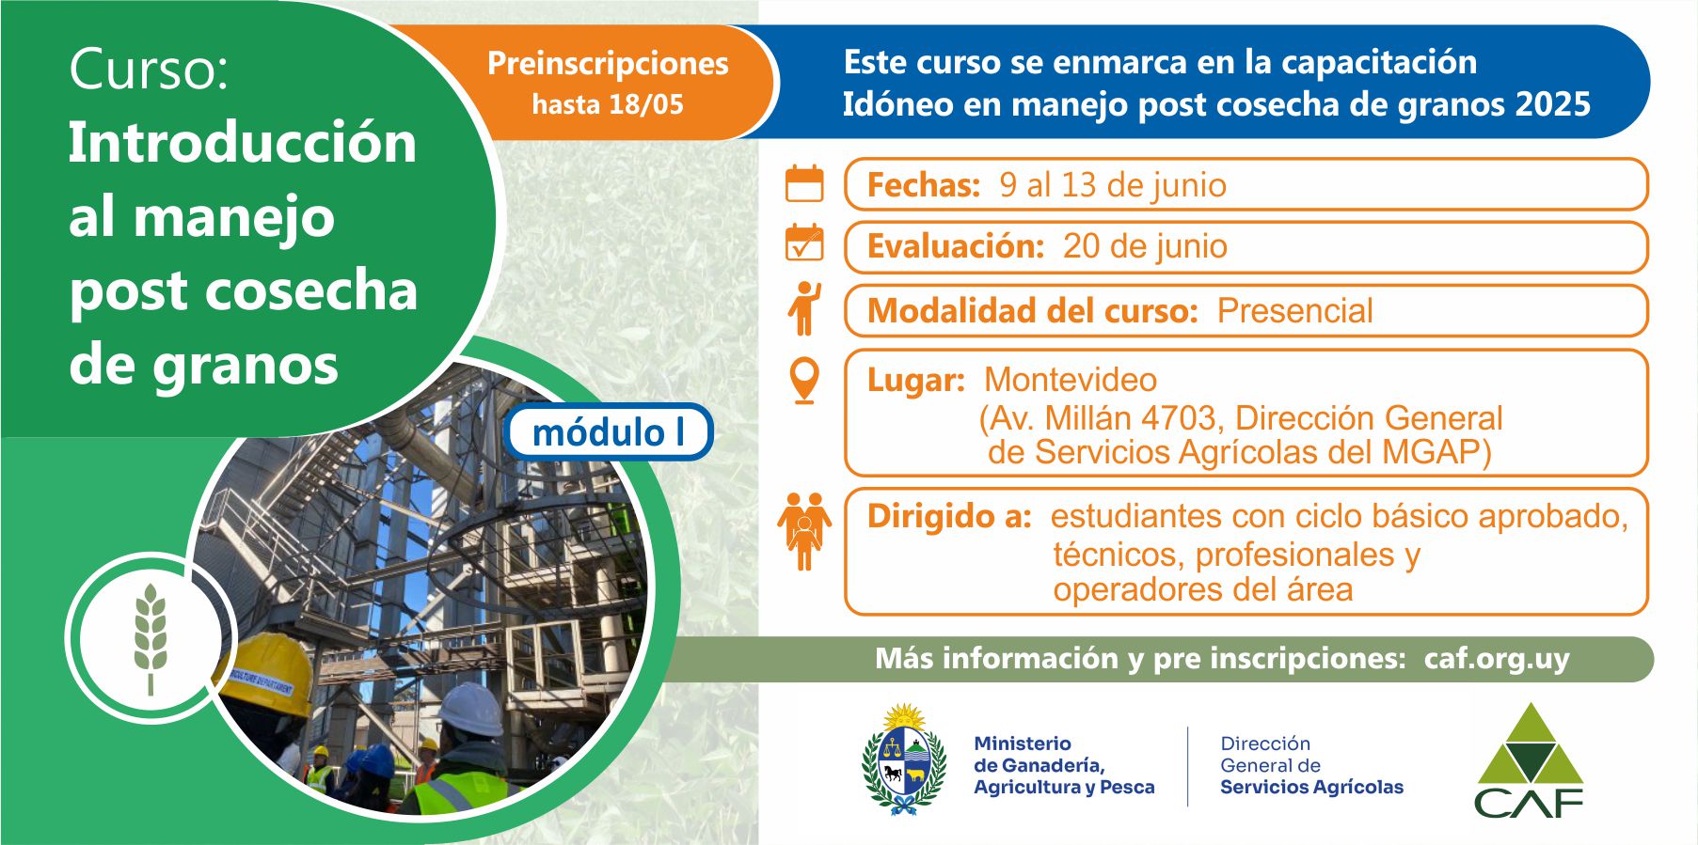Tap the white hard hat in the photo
pyautogui.click(x=470, y=710)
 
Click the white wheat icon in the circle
pyautogui.click(x=150, y=638)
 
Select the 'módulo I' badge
pyautogui.click(x=609, y=432)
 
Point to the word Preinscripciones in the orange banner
pyautogui.click(x=608, y=63)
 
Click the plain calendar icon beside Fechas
pyautogui.click(x=804, y=183)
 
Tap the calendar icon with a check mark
pyautogui.click(x=804, y=243)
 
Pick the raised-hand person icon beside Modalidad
pyautogui.click(x=804, y=308)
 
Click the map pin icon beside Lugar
pyautogui.click(x=804, y=381)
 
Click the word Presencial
pyautogui.click(x=1295, y=310)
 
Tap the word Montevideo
pyautogui.click(x=1071, y=380)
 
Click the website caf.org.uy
pyautogui.click(x=1497, y=658)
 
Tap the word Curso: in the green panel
pyautogui.click(x=149, y=69)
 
